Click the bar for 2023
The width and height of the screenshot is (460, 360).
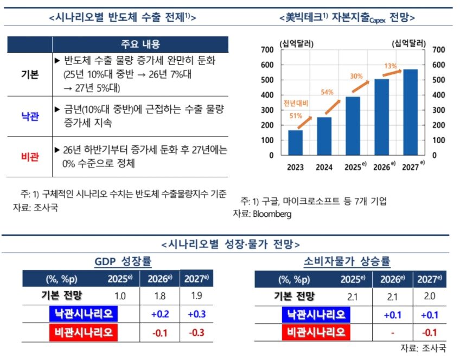pos(296,142)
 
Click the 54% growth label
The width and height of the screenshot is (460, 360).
pos(327,92)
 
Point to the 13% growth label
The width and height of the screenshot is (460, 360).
pos(390,66)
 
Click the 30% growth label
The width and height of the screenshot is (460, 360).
pos(356,76)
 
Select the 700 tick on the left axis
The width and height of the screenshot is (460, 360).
pos(268,50)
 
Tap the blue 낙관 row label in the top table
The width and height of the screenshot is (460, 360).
pos(30,117)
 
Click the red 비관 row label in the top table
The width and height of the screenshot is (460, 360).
pos(30,157)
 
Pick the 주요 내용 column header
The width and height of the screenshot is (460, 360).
pos(140,44)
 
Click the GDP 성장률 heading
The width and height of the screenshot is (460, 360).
pos(123,262)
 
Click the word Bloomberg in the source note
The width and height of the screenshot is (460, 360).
pos(270,214)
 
